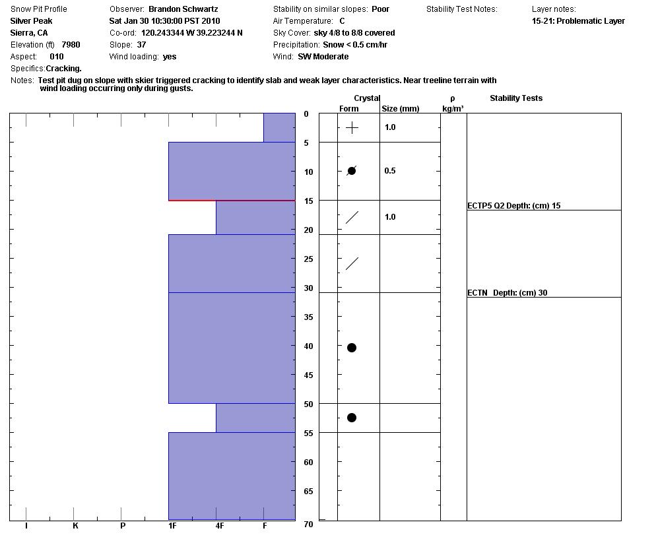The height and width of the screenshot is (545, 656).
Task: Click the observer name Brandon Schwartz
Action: (183, 9)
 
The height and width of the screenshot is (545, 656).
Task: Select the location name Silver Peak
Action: (31, 21)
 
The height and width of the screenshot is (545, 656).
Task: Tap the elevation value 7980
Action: (71, 45)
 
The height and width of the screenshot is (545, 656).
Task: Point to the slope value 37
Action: (141, 45)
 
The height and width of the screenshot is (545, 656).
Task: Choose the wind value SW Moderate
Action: (323, 57)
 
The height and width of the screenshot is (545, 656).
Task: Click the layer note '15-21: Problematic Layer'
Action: (578, 21)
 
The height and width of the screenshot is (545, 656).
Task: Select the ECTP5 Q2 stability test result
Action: (513, 206)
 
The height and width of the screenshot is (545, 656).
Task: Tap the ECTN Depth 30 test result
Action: (507, 293)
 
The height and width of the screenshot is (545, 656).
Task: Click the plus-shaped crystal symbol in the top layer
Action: (352, 128)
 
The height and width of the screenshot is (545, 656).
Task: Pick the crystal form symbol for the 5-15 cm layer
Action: (352, 171)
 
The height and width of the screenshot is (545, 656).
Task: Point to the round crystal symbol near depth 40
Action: (352, 348)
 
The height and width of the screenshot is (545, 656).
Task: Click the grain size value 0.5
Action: (390, 171)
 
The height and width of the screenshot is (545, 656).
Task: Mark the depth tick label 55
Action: (308, 433)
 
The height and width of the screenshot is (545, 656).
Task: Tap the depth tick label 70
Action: (308, 525)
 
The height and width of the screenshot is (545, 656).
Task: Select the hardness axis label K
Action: (75, 526)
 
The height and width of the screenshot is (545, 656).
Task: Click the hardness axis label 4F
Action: (219, 526)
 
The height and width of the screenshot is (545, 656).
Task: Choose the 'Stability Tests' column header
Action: (516, 98)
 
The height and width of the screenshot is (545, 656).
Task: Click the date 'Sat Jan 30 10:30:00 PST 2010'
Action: (164, 21)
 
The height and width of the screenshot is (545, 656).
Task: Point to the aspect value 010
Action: (56, 57)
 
